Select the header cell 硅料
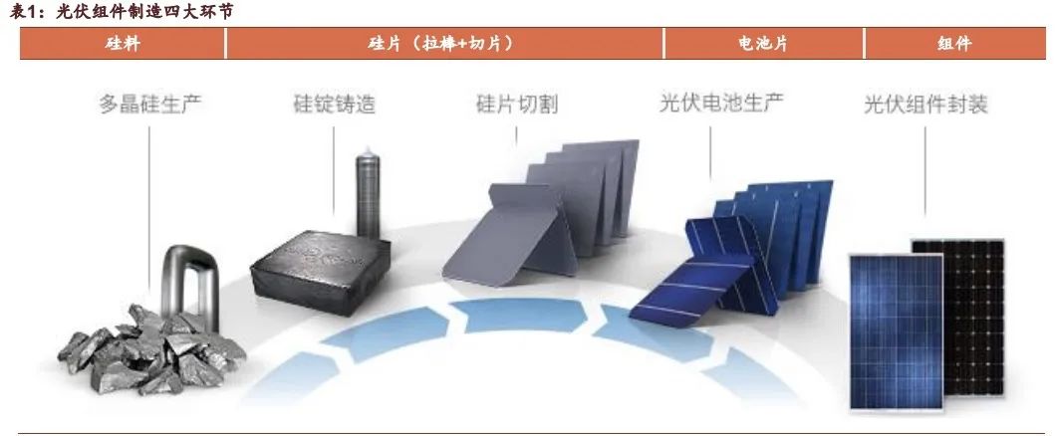(x=123, y=44)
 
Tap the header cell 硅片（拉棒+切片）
(x=444, y=44)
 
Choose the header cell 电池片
(x=763, y=44)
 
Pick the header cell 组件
(x=954, y=44)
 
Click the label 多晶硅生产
(x=149, y=104)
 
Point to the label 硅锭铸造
(x=334, y=104)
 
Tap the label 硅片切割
(x=517, y=104)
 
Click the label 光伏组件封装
(x=925, y=104)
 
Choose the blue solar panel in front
(x=896, y=328)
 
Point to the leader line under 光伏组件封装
(x=925, y=169)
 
